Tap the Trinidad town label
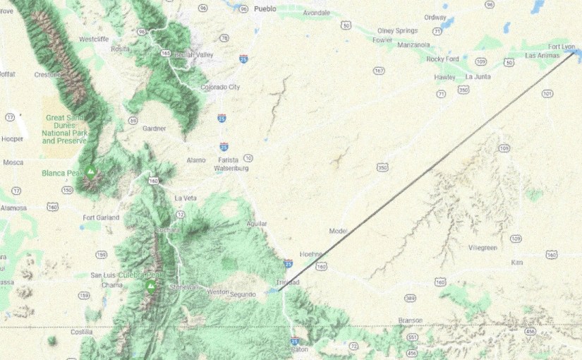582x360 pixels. click(x=288, y=282)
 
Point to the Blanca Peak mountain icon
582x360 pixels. click(x=90, y=170)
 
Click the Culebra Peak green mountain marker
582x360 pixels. click(x=150, y=285)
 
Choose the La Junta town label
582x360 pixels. click(x=478, y=77)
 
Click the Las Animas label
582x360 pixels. click(x=541, y=55)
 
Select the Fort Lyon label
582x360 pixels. click(x=562, y=46)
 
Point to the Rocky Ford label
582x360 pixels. click(x=442, y=59)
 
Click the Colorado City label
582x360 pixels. click(x=220, y=87)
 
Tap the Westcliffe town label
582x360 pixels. click(x=94, y=39)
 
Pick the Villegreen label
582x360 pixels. click(x=483, y=248)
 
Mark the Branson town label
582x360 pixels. click(x=410, y=320)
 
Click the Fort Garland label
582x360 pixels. click(x=101, y=217)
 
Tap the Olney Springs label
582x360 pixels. click(x=397, y=30)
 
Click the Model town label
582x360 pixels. click(x=338, y=231)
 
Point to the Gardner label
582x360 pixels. click(x=154, y=128)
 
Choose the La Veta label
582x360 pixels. click(x=185, y=198)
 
